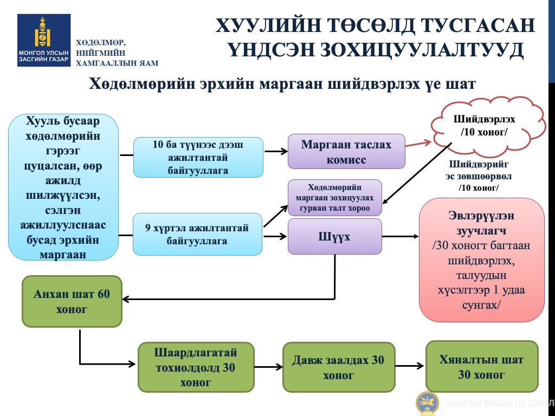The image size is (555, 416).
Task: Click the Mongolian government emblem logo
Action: (44, 40)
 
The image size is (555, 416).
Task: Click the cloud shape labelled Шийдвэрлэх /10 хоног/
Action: (487, 126)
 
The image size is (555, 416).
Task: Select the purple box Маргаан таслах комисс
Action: (346, 152)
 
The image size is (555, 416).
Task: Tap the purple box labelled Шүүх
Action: (334, 236)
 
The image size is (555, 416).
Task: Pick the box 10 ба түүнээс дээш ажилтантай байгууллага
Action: (198, 158)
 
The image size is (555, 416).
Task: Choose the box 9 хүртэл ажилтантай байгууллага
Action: (197, 234)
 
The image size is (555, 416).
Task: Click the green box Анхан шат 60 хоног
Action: (72, 301)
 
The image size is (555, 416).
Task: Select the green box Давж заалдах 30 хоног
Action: (339, 367)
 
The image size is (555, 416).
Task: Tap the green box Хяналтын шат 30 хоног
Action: (482, 367)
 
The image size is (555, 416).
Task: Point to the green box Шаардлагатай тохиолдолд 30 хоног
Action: (196, 367)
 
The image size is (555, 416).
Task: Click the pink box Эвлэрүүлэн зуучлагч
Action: (481, 260)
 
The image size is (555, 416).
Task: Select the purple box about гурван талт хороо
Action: (334, 198)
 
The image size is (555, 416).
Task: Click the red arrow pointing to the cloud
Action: (418, 144)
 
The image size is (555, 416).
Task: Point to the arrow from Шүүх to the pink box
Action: (401, 236)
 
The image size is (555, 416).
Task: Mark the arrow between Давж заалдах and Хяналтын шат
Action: (410, 366)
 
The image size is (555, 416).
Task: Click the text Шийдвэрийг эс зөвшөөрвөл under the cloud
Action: (479, 170)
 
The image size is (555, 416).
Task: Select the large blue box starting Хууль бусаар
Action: (63, 187)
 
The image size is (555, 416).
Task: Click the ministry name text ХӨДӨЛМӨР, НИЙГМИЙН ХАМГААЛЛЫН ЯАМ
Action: (117, 53)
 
